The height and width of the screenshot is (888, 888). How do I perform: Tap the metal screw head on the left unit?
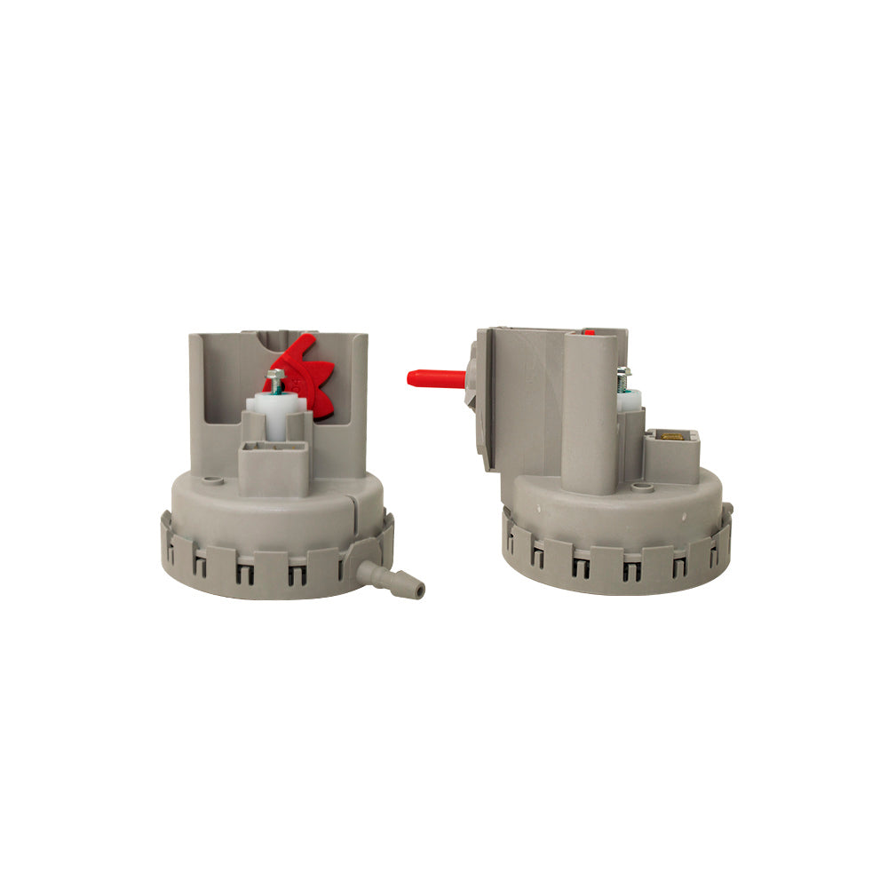276,377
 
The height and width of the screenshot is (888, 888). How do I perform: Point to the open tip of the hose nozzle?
420,590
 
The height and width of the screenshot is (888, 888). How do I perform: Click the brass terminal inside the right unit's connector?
671,436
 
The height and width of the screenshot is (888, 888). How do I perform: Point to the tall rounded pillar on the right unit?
590,408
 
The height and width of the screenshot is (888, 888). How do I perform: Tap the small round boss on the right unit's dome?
637,487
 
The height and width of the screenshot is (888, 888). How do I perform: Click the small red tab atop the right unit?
590,332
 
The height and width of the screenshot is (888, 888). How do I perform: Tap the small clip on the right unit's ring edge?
727,511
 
